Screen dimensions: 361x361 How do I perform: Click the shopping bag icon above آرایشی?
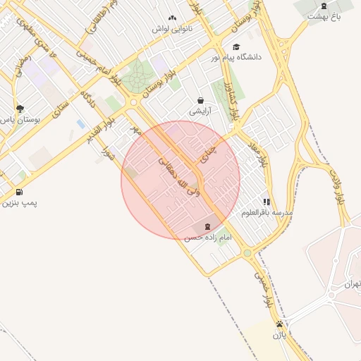point(201,100)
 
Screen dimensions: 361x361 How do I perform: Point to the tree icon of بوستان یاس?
point(20,109)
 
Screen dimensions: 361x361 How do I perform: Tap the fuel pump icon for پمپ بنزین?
point(18,192)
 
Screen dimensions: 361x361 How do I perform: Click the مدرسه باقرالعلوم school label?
point(267,212)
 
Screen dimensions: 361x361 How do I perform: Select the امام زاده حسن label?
point(208,239)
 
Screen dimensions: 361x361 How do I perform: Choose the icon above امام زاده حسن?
point(207,227)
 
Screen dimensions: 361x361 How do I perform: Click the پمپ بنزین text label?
point(20,203)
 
